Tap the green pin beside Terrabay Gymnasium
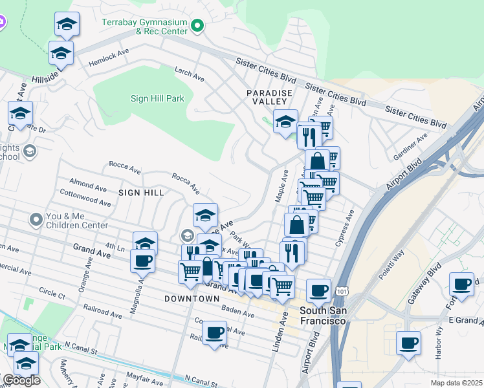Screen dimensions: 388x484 [x=198, y=27]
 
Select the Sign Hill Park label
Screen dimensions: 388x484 [x=157, y=99]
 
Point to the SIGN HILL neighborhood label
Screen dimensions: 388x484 [x=141, y=193]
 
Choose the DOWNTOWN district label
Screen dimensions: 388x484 [x=192, y=299]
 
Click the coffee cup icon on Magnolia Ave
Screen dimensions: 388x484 [x=143, y=261]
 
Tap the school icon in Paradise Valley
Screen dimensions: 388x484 [x=285, y=121]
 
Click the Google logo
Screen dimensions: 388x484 [x=21, y=380]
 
